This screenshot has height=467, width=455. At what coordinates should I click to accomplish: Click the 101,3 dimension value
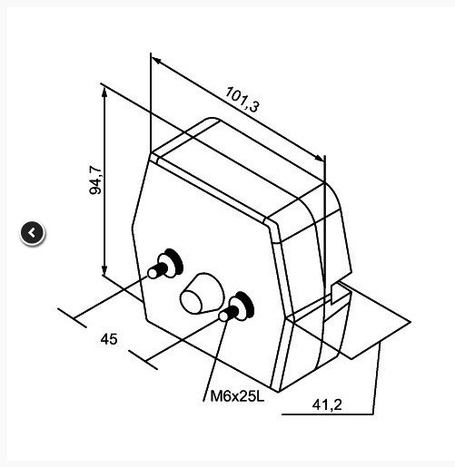(242, 100)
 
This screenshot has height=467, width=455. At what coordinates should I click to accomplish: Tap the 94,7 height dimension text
(96, 180)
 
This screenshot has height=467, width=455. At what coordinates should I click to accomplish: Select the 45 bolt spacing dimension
(109, 339)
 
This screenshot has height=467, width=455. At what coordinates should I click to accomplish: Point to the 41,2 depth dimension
(327, 404)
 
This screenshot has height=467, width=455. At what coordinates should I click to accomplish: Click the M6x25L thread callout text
(237, 396)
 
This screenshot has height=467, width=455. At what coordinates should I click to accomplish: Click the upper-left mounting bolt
(165, 264)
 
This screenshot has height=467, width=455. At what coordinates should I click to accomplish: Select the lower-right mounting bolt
(237, 307)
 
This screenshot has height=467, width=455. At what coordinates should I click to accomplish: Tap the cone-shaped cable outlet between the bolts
(202, 294)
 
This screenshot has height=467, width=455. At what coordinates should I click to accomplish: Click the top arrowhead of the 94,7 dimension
(104, 92)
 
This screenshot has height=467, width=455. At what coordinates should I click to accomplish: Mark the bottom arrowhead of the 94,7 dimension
(104, 270)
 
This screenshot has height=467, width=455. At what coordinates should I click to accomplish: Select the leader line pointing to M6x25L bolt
(215, 361)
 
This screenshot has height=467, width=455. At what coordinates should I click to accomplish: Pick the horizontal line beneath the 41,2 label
(328, 414)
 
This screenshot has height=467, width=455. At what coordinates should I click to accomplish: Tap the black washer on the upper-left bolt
(175, 261)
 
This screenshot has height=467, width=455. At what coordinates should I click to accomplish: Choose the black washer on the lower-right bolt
(246, 304)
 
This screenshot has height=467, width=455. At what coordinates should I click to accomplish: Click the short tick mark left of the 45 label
(72, 317)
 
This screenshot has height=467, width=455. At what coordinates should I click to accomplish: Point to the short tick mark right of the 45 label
(143, 360)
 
